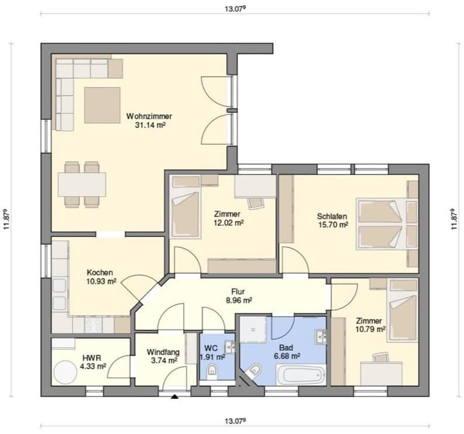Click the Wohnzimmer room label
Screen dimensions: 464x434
[x=149, y=116]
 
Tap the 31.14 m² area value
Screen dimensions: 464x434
[x=150, y=125]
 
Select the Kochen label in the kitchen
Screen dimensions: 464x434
[x=99, y=272]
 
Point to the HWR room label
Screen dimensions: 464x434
[x=92, y=359]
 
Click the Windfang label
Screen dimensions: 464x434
[x=163, y=352]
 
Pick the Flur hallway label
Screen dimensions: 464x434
[x=238, y=292]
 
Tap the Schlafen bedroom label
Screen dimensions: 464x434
[x=332, y=216]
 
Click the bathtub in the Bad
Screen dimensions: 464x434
[x=301, y=375]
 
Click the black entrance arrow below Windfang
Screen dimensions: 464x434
[x=175, y=397]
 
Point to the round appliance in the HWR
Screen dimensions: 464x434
[x=65, y=372]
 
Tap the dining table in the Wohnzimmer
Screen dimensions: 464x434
[x=82, y=185]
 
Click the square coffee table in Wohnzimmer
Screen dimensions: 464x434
[x=102, y=105]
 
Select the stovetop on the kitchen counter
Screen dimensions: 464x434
[x=94, y=325]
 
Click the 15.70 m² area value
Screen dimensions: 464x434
[x=333, y=225]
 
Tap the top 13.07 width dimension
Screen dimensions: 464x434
[x=235, y=9]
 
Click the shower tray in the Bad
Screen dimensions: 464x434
[x=253, y=329]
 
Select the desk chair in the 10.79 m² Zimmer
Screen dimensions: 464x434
[x=381, y=357]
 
